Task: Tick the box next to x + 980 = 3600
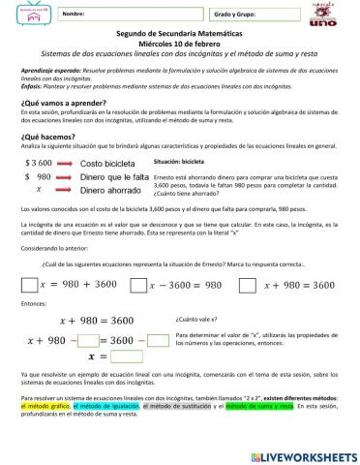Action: point(247,284)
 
